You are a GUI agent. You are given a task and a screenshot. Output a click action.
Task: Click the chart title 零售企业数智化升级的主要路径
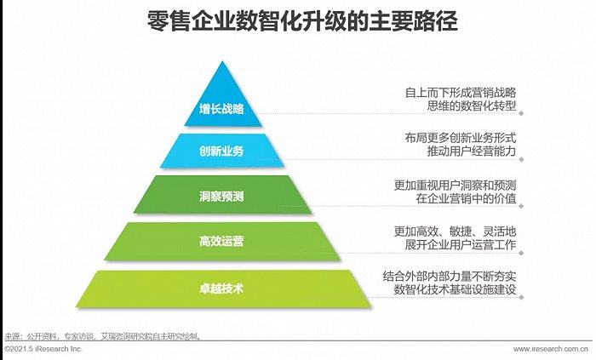point(302,20)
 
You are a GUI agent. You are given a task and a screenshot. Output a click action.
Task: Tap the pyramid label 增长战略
point(221,109)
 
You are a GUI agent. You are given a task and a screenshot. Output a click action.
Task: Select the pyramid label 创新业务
point(221,151)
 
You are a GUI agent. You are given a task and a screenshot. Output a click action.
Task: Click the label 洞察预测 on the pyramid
point(221,197)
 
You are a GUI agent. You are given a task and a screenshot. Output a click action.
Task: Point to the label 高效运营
point(221,241)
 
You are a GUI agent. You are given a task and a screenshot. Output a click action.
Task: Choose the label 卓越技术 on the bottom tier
point(221,289)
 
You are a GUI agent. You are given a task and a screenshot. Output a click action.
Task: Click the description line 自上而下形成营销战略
point(461,93)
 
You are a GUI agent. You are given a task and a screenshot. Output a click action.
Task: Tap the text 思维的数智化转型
point(472,106)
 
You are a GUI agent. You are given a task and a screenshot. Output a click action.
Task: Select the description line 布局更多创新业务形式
point(461,138)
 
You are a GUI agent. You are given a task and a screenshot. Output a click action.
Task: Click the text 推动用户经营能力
point(472,151)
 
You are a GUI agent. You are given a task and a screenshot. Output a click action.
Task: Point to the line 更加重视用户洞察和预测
point(455,186)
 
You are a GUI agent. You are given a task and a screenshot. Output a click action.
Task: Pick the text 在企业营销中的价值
point(466,198)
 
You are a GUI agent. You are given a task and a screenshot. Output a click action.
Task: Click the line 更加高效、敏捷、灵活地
point(455,231)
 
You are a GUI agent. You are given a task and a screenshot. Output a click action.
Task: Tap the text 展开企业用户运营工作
point(461,244)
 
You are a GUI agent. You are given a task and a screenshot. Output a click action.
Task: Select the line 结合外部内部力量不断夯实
point(450,276)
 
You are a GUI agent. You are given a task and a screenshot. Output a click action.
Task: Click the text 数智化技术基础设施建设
point(455,289)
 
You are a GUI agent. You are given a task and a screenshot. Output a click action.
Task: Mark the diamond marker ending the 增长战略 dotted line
point(521,113)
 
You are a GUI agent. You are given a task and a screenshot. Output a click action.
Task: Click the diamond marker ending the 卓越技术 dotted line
point(521,297)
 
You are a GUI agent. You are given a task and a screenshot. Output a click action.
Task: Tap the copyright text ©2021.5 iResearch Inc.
point(43,349)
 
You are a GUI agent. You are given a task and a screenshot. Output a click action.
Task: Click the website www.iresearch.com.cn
point(551,349)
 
